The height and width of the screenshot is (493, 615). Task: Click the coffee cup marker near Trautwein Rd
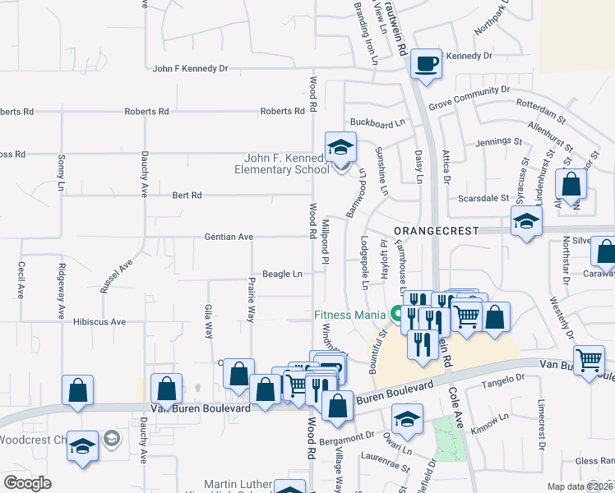pyautogui.click(x=426, y=63)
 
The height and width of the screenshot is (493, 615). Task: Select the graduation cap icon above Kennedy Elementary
pyautogui.click(x=340, y=147)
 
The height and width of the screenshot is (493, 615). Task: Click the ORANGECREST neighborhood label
pyautogui.click(x=436, y=232)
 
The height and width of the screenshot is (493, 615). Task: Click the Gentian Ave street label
pyautogui.click(x=229, y=237)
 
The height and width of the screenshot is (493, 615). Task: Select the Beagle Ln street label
pyautogui.click(x=282, y=274)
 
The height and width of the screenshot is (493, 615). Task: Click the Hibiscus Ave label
pyautogui.click(x=99, y=322)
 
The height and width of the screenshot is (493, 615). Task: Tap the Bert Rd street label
pyautogui.click(x=187, y=196)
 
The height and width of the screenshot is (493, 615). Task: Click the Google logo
pyautogui.click(x=27, y=483)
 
